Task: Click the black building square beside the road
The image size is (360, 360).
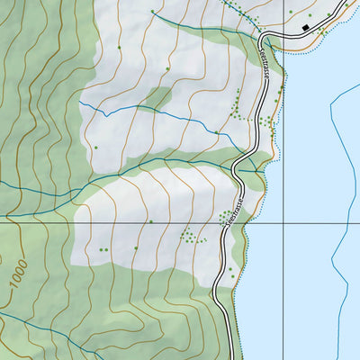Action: (306, 29)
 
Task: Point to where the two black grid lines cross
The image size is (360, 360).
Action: (284, 222)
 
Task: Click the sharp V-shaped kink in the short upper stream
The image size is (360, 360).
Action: (105, 116)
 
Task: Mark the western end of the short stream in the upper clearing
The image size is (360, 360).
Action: (79, 102)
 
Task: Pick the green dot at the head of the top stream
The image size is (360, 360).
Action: (152, 11)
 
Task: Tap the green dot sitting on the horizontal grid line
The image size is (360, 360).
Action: (150, 221)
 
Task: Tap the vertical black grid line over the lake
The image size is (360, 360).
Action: (284, 135)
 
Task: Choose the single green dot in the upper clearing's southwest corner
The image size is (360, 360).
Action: (94, 147)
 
